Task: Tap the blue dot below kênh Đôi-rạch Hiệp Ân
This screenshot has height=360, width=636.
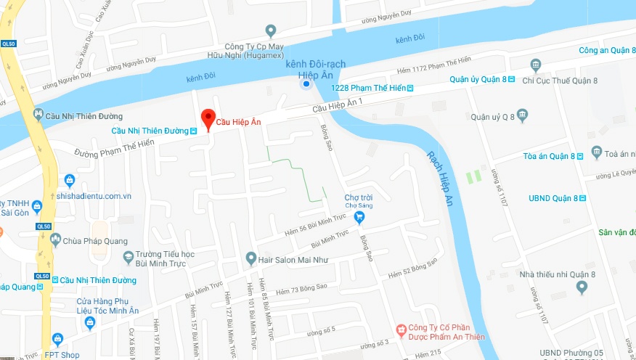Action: point(306,84)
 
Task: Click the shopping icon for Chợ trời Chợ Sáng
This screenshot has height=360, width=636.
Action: point(359,216)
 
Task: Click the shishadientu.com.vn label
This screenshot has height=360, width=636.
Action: point(94,196)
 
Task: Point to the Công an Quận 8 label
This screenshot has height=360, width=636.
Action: point(607,50)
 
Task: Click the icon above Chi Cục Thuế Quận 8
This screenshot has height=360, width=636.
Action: point(537,65)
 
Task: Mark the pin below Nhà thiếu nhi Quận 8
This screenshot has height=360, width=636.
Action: point(581,287)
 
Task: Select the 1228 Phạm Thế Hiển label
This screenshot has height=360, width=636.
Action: point(367,88)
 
